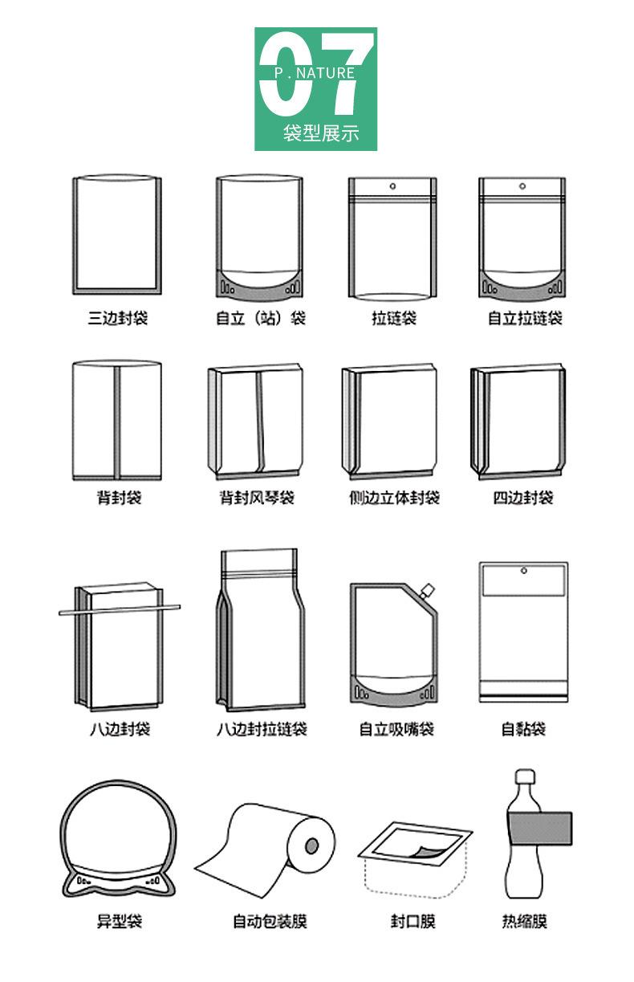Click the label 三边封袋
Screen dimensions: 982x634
point(118,318)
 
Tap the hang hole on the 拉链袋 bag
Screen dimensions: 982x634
point(393,187)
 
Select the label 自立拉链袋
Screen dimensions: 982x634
point(525,318)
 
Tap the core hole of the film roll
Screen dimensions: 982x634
point(312,845)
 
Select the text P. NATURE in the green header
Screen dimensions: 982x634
point(314,73)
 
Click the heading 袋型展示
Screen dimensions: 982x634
point(320,133)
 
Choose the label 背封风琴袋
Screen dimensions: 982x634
point(258,498)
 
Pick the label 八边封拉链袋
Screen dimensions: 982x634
point(262,729)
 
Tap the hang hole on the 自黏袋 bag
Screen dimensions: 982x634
point(523,571)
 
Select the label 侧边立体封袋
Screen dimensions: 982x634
point(394,498)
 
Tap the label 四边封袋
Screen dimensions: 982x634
point(523,498)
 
